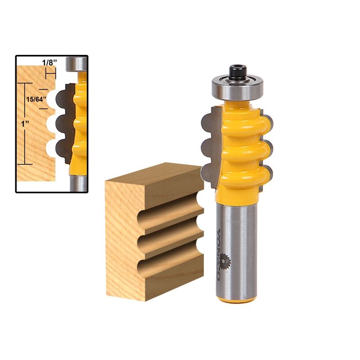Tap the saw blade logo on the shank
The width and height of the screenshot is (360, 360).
click(223, 261)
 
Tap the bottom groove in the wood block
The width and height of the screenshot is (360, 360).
click(169, 264)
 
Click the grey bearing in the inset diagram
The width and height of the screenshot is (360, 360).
click(76, 64)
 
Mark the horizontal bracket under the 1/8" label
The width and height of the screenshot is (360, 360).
click(49, 73)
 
